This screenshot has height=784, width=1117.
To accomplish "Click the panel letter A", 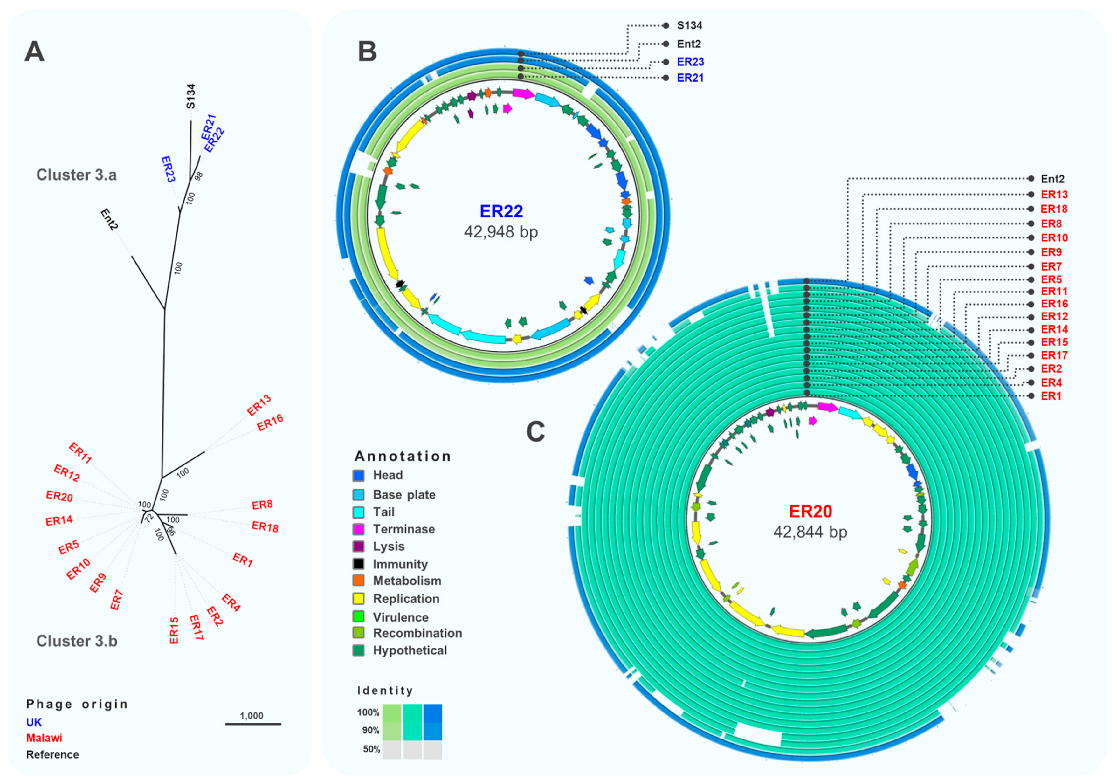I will click(35, 52).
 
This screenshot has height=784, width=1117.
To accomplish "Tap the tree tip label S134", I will click(191, 96).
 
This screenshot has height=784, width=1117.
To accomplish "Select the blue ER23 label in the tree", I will click(168, 169).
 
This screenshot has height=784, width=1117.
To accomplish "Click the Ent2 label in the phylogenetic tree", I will click(109, 219).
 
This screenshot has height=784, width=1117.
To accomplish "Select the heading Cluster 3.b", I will click(77, 641).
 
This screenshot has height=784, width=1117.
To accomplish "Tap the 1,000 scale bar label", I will click(252, 715).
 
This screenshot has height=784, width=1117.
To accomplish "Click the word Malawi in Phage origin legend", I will click(44, 738).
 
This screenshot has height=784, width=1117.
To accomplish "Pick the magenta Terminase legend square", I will click(359, 529).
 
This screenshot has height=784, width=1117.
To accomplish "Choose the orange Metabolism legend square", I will click(359, 581).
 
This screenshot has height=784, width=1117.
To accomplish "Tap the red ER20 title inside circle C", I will click(810, 511).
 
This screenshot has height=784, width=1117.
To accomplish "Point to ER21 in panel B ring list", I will click(690, 78).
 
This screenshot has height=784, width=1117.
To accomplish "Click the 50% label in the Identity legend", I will click(371, 749).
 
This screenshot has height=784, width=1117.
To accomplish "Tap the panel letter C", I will click(536, 431).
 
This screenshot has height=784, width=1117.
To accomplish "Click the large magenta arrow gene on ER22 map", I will click(523, 93).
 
